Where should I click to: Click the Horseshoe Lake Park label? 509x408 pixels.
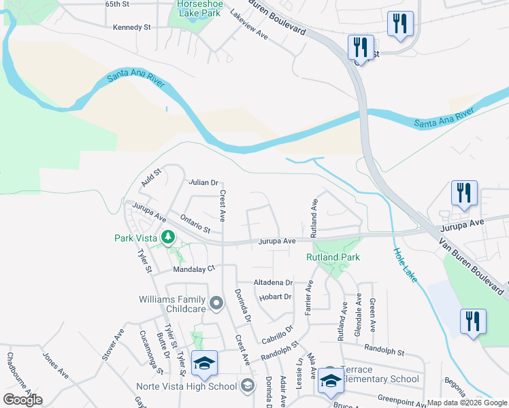tap(199, 7)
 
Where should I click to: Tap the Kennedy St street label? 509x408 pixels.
tap(132, 28)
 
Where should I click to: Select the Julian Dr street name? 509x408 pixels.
tap(203, 182)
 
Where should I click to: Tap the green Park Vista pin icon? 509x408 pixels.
tap(167, 237)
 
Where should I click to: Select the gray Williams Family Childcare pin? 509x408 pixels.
tap(216, 303)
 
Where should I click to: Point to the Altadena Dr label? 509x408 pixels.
tap(272, 282)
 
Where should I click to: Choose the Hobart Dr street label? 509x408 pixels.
tap(275, 296)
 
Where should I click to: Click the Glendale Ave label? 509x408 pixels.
tap(358, 313)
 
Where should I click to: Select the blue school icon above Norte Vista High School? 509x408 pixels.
tap(203, 364)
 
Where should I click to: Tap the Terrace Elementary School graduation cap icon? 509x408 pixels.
tap(331, 383)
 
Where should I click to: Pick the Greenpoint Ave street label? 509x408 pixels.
tap(401, 398)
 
